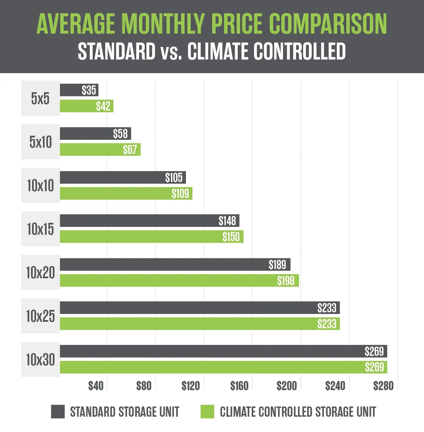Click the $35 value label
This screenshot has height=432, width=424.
89,90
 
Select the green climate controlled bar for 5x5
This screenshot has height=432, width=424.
78,106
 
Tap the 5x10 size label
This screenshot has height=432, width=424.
41,142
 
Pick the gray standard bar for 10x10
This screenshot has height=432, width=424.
112,178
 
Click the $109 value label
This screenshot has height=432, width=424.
180,194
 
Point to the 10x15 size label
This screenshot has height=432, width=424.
41,229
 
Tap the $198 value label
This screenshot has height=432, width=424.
286,281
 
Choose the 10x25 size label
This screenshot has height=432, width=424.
41,316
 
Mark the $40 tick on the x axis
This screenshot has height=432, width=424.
96,386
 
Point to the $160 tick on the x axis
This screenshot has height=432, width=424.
239,386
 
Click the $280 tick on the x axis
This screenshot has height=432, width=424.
383,386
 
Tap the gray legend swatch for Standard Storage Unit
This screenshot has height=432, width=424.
58,412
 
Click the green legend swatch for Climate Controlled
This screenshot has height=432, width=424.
207,412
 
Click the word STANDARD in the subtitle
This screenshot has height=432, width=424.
116,52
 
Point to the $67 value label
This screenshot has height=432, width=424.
130,150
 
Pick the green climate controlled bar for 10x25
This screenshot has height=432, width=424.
187,324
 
